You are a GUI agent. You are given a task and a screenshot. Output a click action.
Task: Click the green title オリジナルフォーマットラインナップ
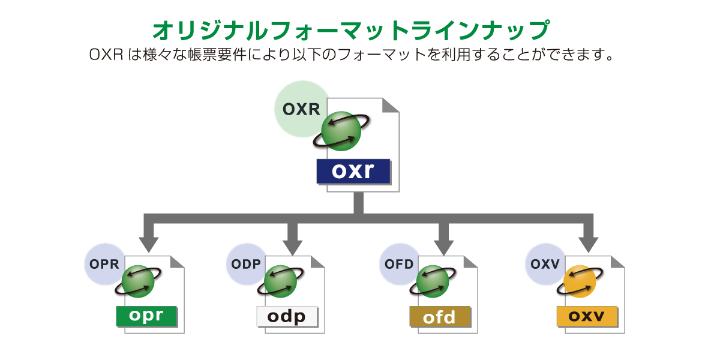pyautogui.click(x=351, y=30)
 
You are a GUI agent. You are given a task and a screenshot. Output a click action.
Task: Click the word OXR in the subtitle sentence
pyautogui.click(x=106, y=55)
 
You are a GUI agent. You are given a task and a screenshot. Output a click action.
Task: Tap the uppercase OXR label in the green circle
pyautogui.click(x=301, y=109)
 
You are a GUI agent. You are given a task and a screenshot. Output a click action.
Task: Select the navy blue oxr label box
pyautogui.click(x=353, y=172)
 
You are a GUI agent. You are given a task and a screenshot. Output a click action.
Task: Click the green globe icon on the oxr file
pyautogui.click(x=341, y=131)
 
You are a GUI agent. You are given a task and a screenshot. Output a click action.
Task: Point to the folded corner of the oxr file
pyautogui.click(x=391, y=105)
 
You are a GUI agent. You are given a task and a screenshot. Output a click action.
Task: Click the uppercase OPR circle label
pyautogui.click(x=104, y=264)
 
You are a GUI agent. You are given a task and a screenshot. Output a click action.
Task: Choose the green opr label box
pyautogui.click(x=146, y=316)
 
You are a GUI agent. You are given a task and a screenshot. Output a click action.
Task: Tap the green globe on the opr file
pyautogui.click(x=138, y=281)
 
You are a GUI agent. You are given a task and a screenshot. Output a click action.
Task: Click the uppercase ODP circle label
pyautogui.click(x=246, y=264)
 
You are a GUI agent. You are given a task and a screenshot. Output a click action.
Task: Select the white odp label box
pyautogui.click(x=287, y=316)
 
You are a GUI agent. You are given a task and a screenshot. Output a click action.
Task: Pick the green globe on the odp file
pyautogui.click(x=280, y=281)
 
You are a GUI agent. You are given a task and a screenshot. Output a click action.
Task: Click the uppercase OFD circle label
pyautogui.click(x=399, y=264)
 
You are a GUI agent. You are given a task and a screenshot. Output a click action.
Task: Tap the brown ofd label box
pyautogui.click(x=440, y=316)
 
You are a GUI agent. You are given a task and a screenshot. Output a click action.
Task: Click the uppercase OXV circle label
pyautogui.click(x=545, y=264)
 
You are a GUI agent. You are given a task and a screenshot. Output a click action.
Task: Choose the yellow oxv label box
pyautogui.click(x=587, y=316)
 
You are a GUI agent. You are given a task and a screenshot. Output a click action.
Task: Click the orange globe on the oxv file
pyautogui.click(x=580, y=281)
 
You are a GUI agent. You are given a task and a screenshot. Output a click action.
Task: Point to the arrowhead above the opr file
pyautogui.click(x=149, y=245)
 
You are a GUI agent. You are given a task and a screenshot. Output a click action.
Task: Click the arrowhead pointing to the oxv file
pyautogui.click(x=588, y=245)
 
